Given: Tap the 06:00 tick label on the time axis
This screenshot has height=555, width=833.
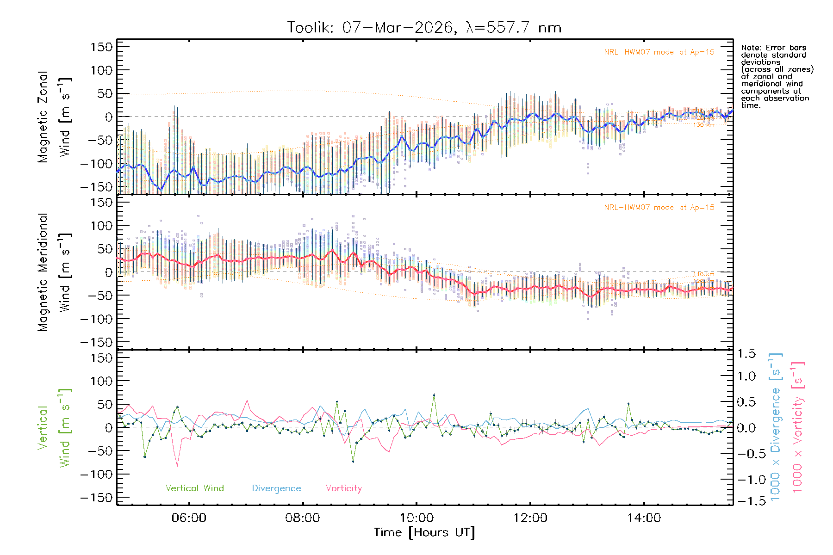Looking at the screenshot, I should coord(189,518).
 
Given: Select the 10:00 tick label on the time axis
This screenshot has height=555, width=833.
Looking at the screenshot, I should coord(416,518).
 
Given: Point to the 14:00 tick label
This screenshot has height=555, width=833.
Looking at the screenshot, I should coord(644,518).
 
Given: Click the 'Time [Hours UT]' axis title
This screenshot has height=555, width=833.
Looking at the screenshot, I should coord(424,532).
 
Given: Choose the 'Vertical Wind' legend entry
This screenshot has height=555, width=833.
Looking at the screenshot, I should coord(194,488).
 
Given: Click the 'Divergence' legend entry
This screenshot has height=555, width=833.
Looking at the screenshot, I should coord(276,488).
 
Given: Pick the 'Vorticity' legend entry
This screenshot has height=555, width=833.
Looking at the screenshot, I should coord(343,488).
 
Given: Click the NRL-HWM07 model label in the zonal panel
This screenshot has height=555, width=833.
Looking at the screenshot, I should coord(659,52).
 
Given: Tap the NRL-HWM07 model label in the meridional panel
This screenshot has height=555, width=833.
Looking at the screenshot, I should coord(659,208).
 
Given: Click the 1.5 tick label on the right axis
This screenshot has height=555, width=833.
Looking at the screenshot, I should coord(746,354).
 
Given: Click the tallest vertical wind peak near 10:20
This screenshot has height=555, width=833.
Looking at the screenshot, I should coord(434,395).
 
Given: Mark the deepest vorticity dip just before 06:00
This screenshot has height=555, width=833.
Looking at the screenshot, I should coord(177,466).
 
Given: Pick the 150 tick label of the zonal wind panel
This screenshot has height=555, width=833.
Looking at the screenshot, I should coord(101,47).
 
